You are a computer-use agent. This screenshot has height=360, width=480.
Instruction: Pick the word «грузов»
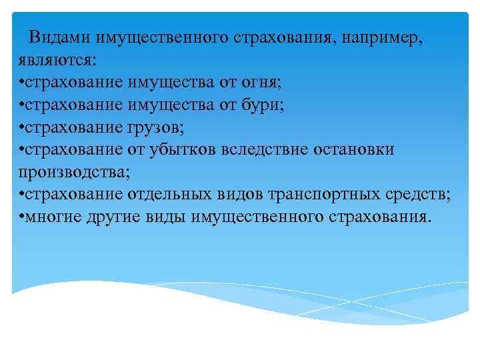click(x=152, y=127)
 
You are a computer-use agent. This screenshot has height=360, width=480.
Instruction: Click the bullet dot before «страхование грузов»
click(x=22, y=128)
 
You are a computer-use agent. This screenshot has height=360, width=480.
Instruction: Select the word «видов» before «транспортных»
click(x=241, y=195)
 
